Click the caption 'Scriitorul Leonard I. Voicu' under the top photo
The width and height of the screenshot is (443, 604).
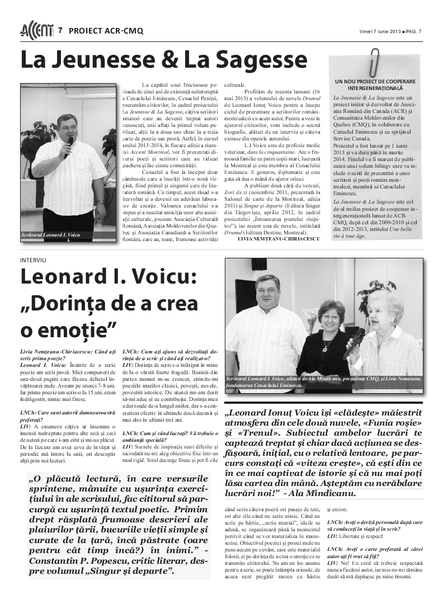[x=50, y=235]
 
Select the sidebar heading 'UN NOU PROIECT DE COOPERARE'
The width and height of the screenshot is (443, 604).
[x=375, y=82]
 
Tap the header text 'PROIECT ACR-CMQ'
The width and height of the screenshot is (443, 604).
[x=106, y=31]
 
